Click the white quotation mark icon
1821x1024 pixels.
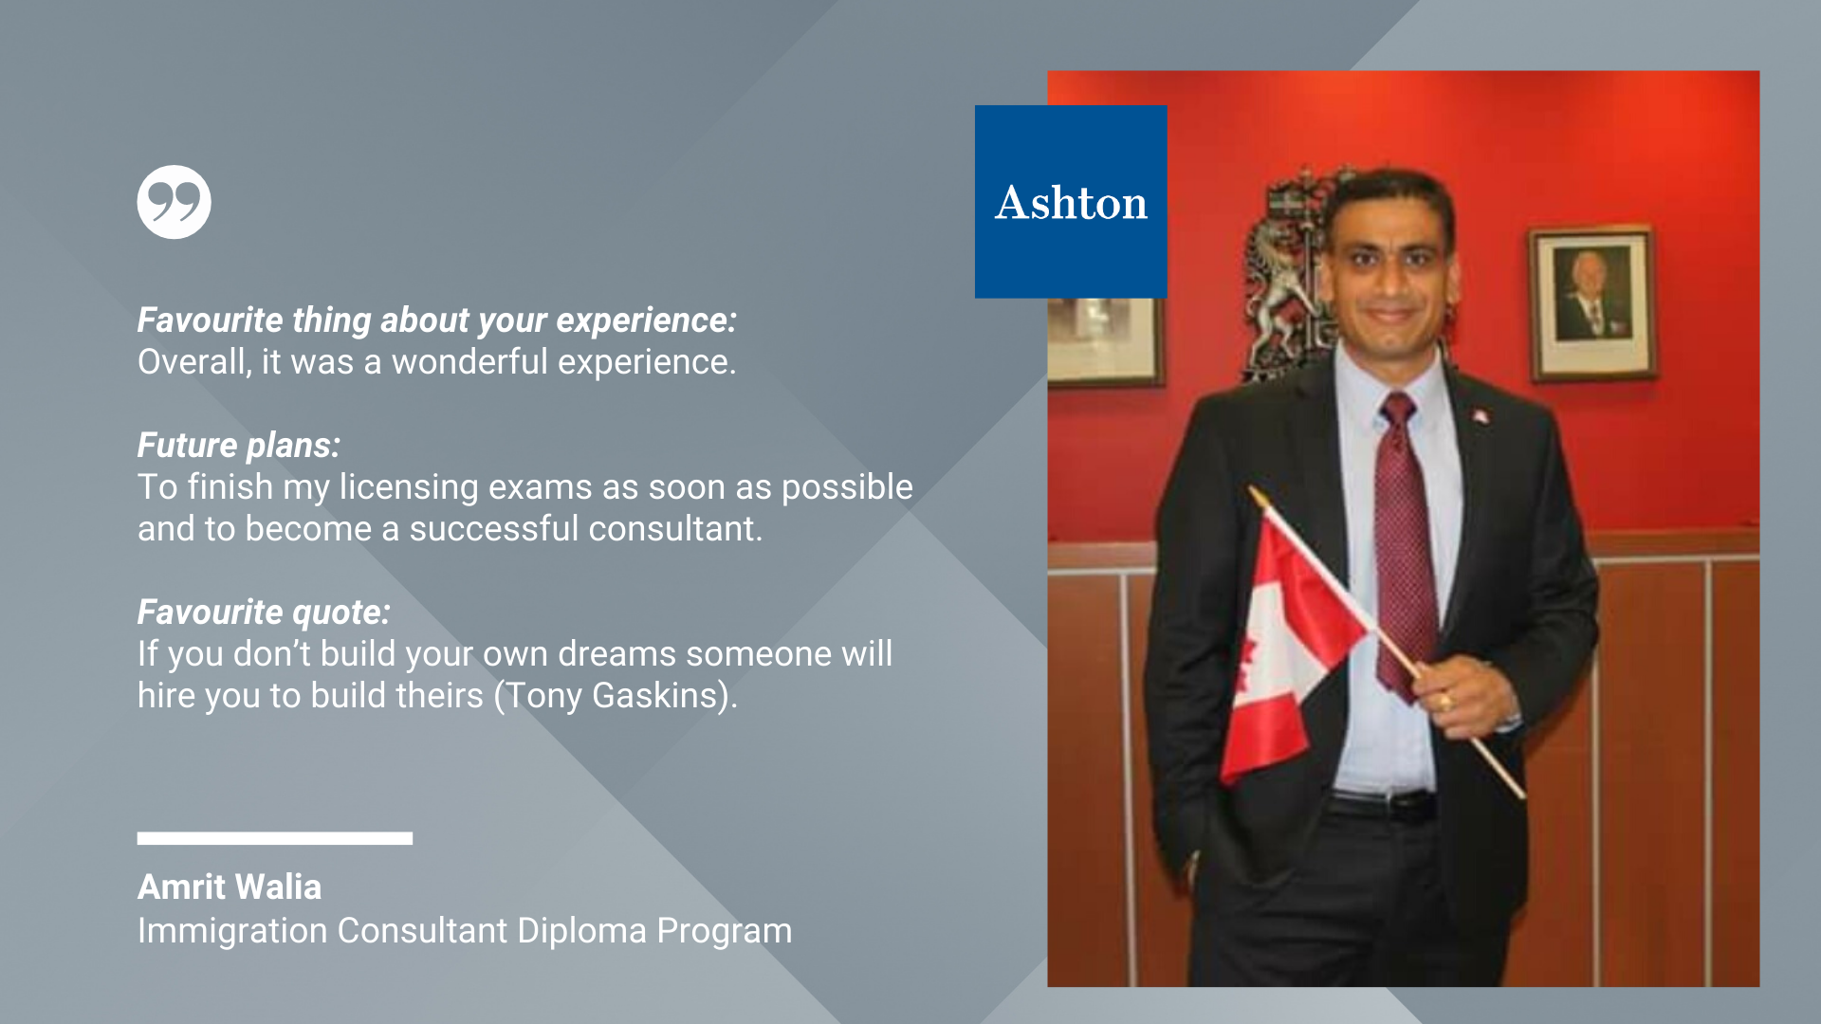coord(174,202)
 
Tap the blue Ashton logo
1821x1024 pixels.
coord(1071,202)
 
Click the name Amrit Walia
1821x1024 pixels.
coord(230,887)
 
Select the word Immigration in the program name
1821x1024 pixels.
coord(232,931)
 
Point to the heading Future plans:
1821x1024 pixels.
coord(239,446)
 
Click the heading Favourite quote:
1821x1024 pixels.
coord(264,613)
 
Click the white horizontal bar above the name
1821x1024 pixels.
coord(275,838)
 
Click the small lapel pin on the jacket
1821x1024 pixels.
coord(1480,415)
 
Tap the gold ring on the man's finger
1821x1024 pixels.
coord(1445,702)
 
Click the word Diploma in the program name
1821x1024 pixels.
coord(581,931)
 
